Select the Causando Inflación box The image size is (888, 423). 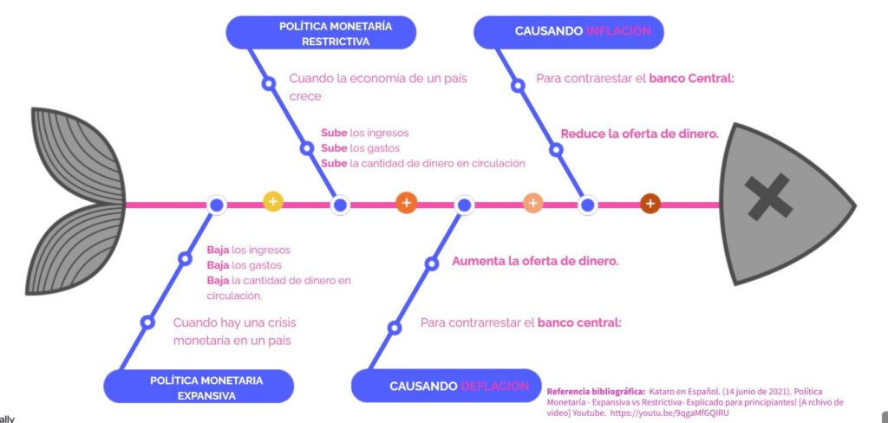click(569, 31)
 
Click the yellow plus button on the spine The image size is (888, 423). click(273, 202)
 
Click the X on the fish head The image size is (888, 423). click(768, 196)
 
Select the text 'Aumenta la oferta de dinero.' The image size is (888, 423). click(535, 261)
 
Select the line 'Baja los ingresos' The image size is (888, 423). click(248, 250)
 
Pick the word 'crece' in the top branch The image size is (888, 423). click(305, 96)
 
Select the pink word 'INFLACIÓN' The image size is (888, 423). click(618, 31)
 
